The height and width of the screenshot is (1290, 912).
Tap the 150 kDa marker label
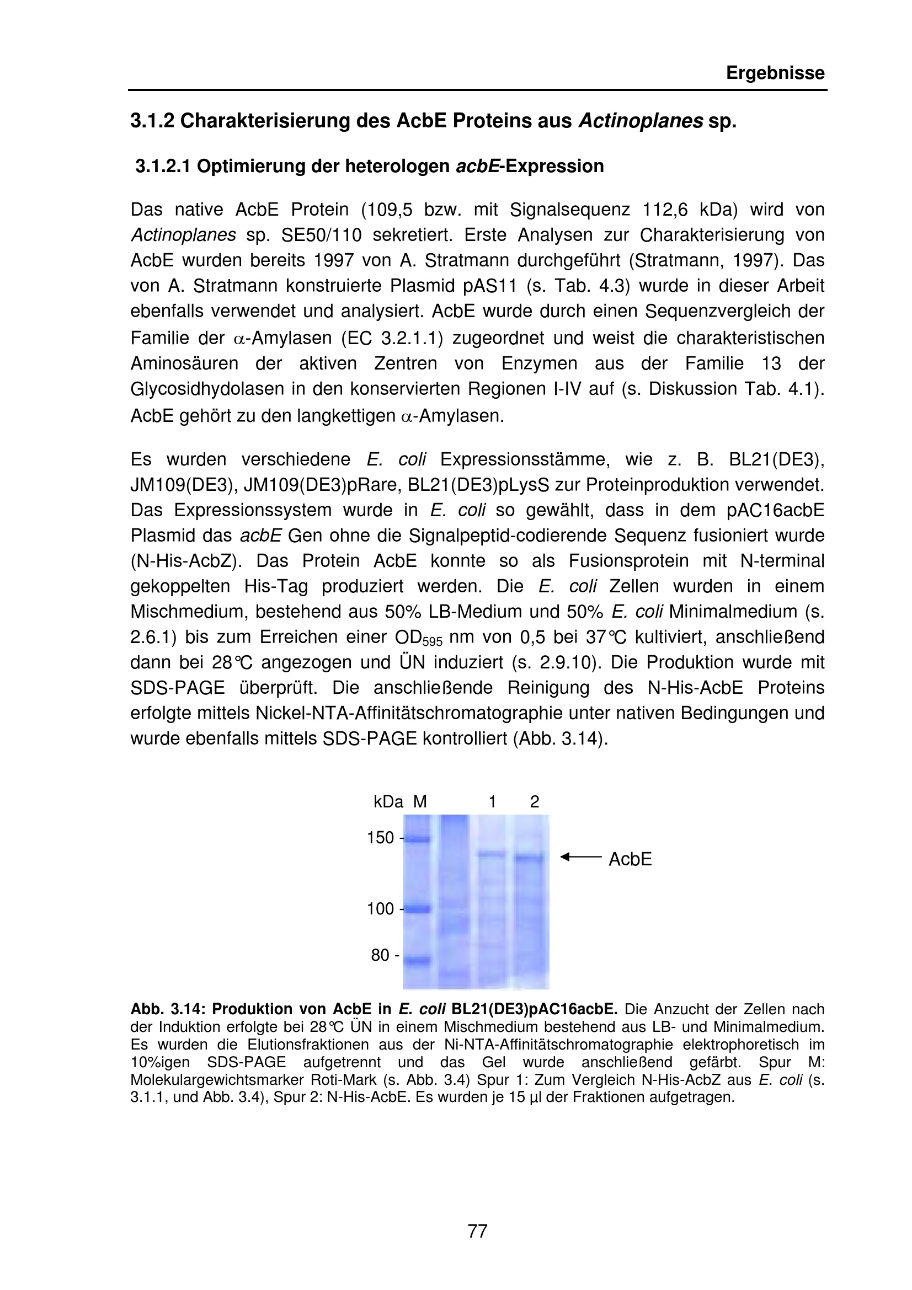(381, 838)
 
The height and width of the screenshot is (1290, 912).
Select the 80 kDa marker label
(382, 955)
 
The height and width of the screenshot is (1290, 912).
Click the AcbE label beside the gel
(630, 860)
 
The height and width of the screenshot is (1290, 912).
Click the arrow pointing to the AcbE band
(580, 857)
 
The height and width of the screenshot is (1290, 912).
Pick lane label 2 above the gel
(535, 802)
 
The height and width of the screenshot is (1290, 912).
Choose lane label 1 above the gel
(492, 802)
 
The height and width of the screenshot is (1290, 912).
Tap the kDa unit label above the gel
(388, 802)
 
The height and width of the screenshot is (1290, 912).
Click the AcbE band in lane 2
(529, 858)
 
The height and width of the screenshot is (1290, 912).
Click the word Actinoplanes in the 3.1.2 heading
(640, 121)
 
